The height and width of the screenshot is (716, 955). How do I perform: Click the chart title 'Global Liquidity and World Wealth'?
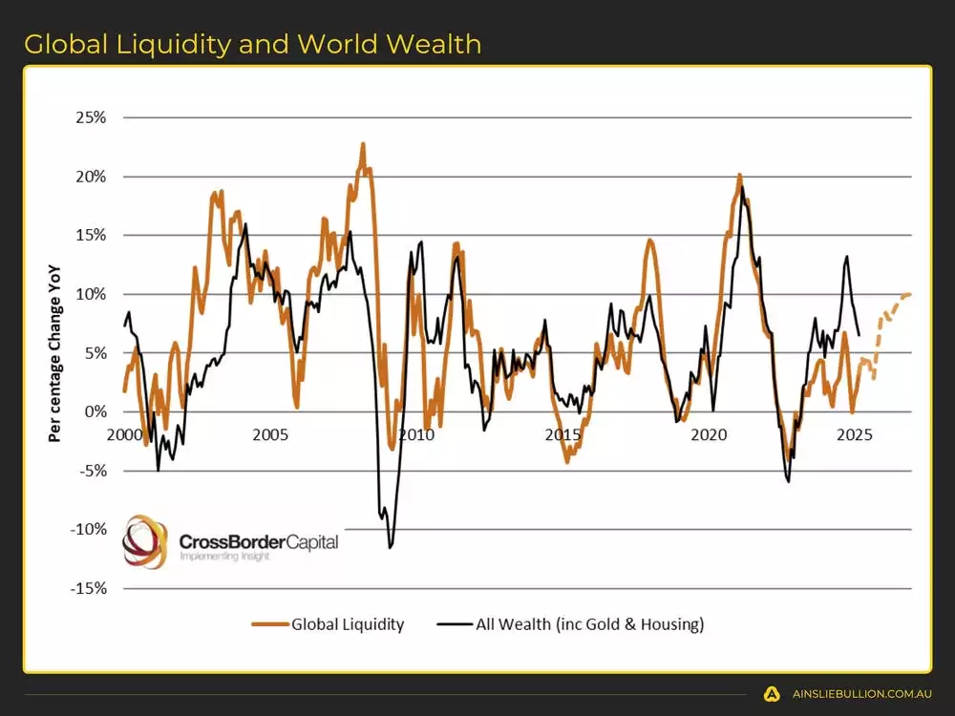(252, 44)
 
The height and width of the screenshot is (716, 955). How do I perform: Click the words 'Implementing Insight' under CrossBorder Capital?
(224, 556)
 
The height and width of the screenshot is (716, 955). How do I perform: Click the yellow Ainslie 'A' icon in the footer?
(772, 694)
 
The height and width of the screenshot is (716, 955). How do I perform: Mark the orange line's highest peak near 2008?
(363, 144)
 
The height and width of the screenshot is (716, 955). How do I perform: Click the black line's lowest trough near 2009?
(390, 547)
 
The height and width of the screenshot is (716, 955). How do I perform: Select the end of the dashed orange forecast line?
(910, 294)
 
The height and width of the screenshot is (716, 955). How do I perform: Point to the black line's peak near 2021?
(742, 187)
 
